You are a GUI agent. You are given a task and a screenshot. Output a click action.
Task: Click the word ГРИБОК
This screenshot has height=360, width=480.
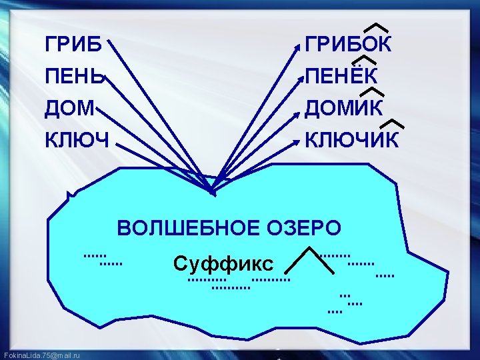point(348,45)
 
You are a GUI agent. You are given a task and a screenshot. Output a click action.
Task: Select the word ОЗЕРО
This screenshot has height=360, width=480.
point(305,229)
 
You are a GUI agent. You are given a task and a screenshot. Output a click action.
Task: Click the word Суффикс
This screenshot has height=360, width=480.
point(223,263)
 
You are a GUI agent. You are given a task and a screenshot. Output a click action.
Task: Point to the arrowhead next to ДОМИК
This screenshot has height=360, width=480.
point(298,109)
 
